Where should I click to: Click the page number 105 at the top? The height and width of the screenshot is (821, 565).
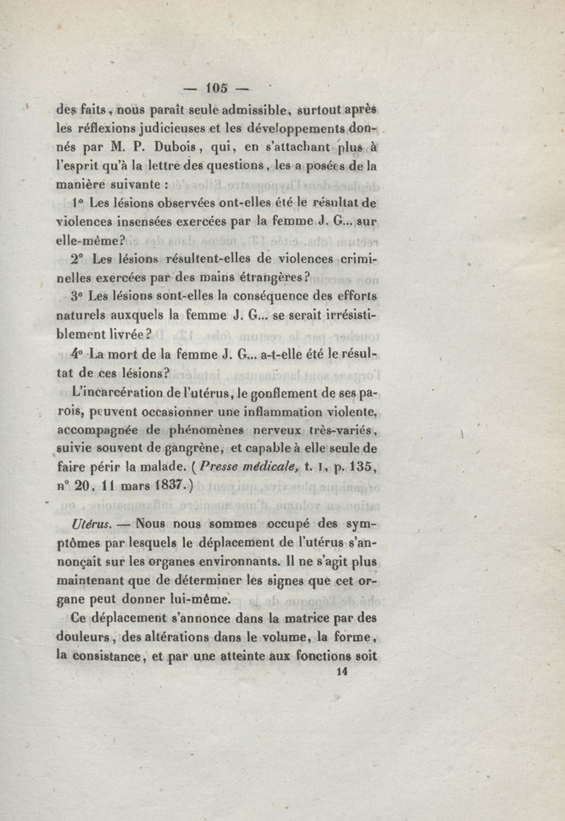click(216, 88)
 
